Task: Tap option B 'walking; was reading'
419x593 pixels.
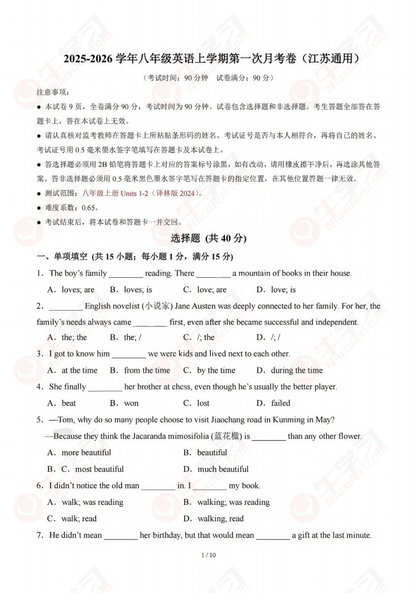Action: pos(233,502)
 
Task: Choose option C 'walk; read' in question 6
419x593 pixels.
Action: pos(79,519)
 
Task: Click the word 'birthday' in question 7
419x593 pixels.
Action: pos(166,535)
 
